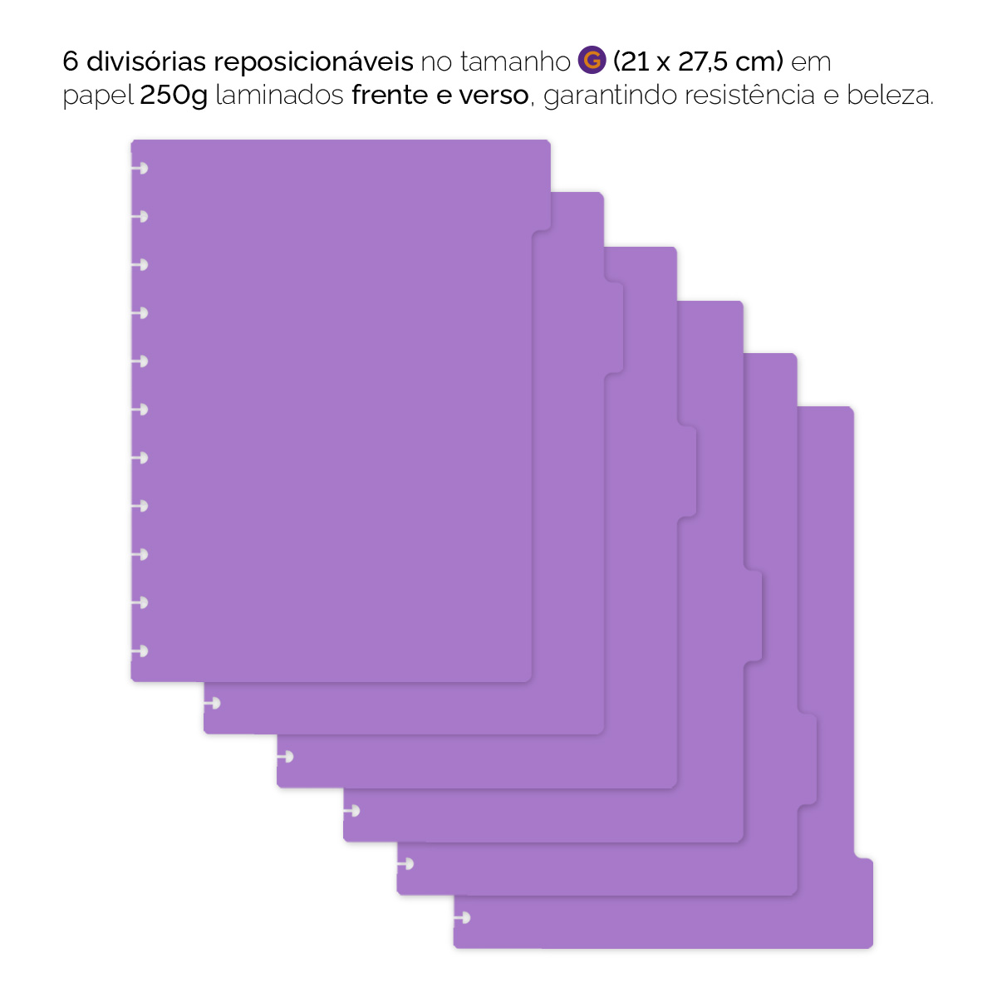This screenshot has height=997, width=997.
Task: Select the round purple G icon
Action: click(x=592, y=61)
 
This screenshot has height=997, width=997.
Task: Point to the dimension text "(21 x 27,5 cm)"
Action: click(x=698, y=61)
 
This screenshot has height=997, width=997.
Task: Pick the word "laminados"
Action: click(x=279, y=96)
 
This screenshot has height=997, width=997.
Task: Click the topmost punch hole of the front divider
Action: click(x=141, y=169)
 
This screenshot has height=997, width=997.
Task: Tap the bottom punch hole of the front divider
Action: click(x=141, y=651)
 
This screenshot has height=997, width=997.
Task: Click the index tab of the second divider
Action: click(x=614, y=327)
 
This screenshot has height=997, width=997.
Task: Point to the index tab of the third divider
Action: click(x=687, y=472)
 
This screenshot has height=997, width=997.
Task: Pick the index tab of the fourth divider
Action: click(x=753, y=616)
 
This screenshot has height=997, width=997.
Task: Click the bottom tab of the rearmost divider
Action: click(x=863, y=902)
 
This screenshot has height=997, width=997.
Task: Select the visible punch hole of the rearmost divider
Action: click(x=464, y=918)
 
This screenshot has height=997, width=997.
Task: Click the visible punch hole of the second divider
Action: click(x=214, y=704)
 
